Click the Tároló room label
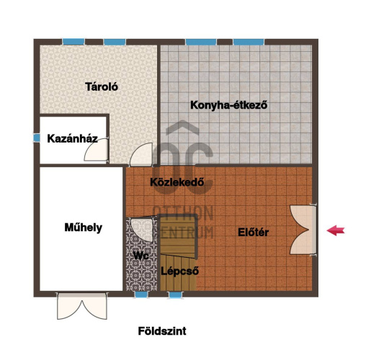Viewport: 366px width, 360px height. tap(102, 86)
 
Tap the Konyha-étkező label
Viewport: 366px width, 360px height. tap(228, 105)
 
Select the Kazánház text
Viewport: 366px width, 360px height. tap(72, 139)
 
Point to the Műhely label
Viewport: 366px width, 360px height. tap(84, 228)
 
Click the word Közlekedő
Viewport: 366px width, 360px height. tap(177, 182)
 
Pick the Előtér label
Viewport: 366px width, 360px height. tap(253, 233)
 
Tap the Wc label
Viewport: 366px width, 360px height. tap(141, 256)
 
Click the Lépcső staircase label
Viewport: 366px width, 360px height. tap(180, 271)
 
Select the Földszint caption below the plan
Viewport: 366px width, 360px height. tap(162, 331)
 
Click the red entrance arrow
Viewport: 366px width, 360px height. tap(336, 230)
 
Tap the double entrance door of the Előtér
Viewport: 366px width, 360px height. tap(303, 230)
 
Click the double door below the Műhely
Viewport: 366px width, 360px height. tap(82, 306)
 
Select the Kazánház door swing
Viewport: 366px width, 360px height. tap(96, 150)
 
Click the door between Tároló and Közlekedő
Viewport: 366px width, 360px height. tap(141, 155)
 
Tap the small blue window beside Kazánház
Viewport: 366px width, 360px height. tap(37, 138)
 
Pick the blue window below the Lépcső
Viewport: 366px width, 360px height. tap(175, 294)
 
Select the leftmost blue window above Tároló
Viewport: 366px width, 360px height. tap(73, 42)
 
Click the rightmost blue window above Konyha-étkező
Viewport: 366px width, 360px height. tap(249, 42)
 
